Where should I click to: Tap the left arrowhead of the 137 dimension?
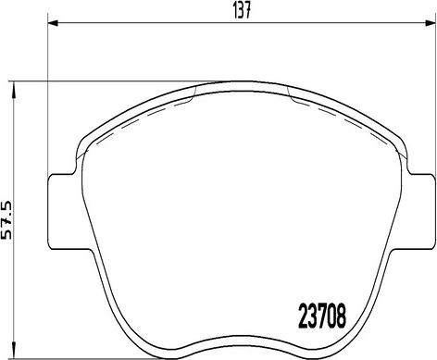52,24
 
